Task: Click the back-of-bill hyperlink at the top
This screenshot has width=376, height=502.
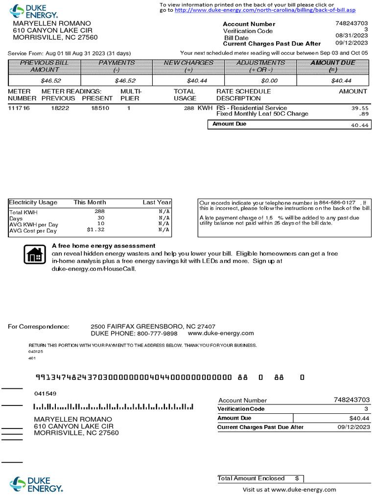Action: (x=265, y=10)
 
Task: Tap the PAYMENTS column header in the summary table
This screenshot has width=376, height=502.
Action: (x=117, y=66)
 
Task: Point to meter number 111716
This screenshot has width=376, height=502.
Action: (x=19, y=108)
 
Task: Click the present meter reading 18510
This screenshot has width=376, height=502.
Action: (x=100, y=108)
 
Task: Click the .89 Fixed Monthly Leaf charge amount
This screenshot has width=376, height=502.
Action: (x=363, y=114)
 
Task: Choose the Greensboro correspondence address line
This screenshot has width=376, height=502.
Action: (x=153, y=326)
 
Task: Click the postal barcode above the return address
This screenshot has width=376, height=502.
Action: (x=113, y=407)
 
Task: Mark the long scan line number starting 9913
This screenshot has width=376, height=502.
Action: (x=134, y=377)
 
